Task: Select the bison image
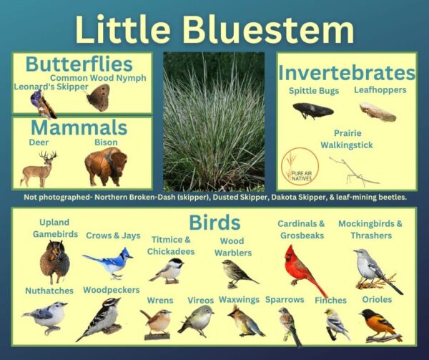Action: pyautogui.click(x=104, y=167)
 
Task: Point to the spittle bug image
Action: pyautogui.click(x=312, y=110)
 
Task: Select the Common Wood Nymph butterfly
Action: pyautogui.click(x=98, y=97)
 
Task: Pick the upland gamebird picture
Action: pyautogui.click(x=54, y=262)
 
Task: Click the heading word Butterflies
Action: pyautogui.click(x=79, y=64)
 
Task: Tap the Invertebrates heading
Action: pyautogui.click(x=346, y=72)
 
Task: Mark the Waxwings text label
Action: pyautogui.click(x=239, y=299)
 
